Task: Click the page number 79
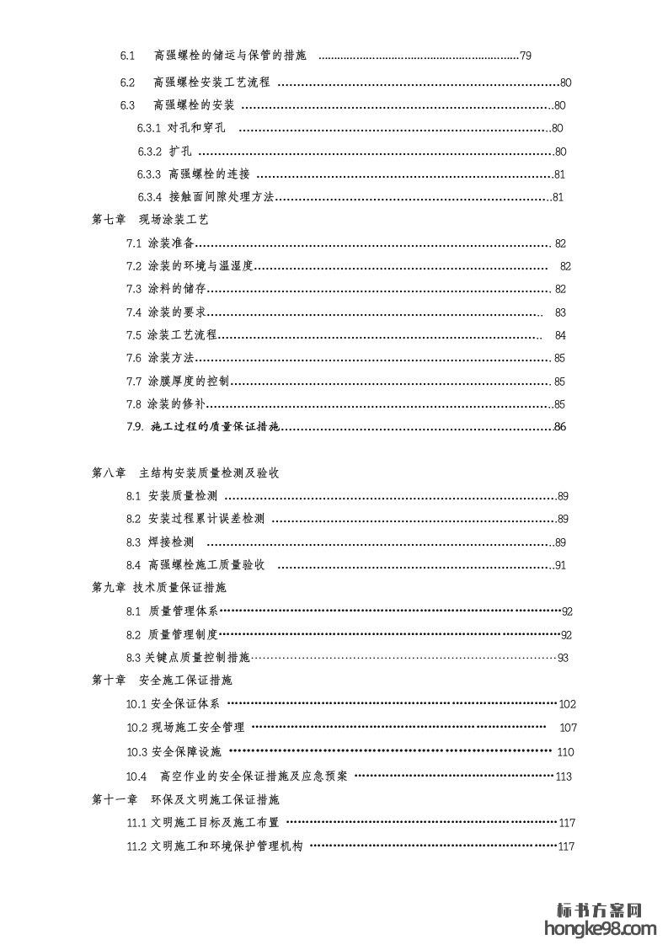[x=526, y=56]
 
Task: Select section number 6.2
[x=127, y=83]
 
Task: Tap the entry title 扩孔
[x=180, y=152]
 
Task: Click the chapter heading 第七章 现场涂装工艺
[x=149, y=219]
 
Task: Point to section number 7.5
[x=134, y=335]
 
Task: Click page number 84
[x=560, y=335]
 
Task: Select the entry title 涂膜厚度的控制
[x=188, y=382]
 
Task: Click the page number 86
[x=560, y=427]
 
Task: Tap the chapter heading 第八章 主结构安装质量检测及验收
[x=185, y=472]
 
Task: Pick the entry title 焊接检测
[x=171, y=542]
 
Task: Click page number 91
[x=560, y=565]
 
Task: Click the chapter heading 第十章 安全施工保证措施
[x=161, y=680]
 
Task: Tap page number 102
[x=568, y=704]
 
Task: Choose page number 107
[x=568, y=728]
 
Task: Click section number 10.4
[x=136, y=777]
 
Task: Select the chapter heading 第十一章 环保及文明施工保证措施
[x=184, y=798]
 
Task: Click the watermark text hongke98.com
[x=601, y=929]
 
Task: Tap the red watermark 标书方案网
[x=601, y=910]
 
